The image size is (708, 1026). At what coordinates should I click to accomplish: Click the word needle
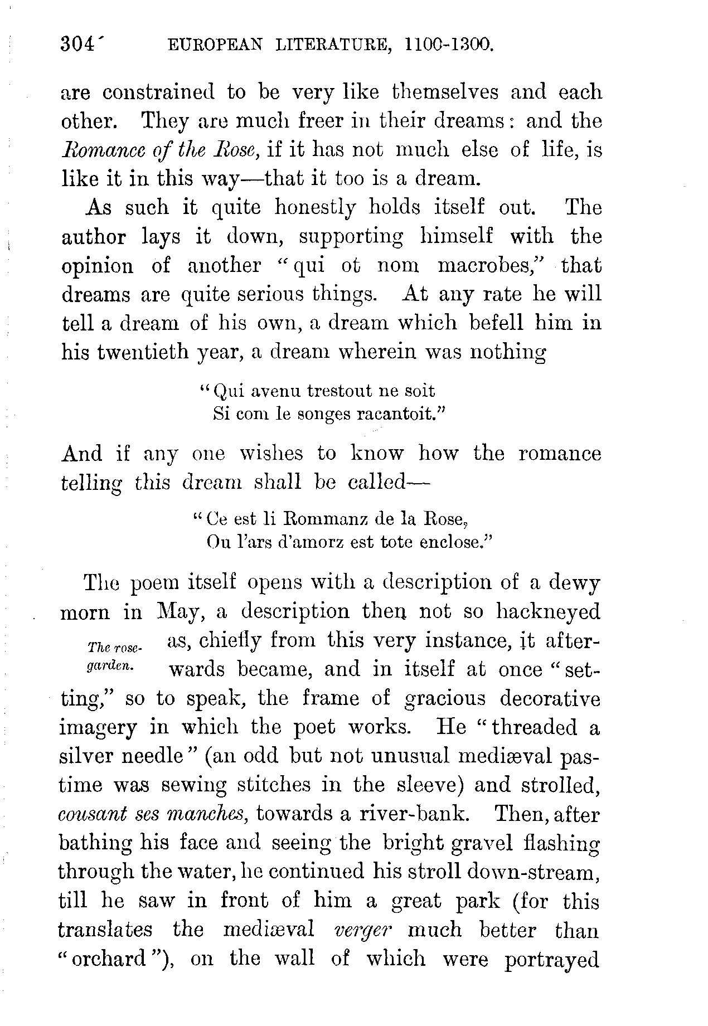point(146,756)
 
